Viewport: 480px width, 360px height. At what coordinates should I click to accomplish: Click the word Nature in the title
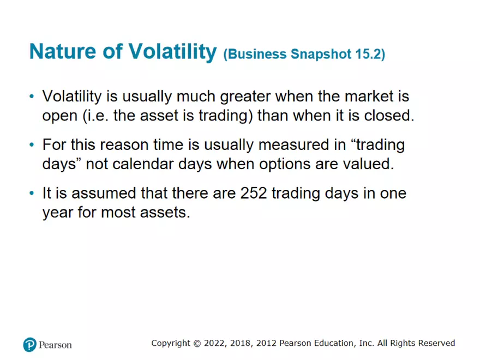click(62, 51)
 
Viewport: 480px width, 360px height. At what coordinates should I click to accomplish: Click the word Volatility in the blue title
click(172, 51)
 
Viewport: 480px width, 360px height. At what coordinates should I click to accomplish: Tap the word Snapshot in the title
click(321, 54)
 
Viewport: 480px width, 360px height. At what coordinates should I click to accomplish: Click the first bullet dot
click(32, 97)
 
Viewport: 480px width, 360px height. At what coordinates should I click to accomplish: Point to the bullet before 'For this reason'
click(32, 145)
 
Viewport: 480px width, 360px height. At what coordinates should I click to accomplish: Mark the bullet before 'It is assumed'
click(32, 193)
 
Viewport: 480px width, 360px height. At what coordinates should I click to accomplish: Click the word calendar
click(143, 164)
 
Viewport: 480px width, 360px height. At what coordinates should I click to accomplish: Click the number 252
click(254, 193)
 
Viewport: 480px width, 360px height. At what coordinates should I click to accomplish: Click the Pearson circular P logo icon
click(29, 345)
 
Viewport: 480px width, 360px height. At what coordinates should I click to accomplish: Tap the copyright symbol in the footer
click(197, 344)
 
